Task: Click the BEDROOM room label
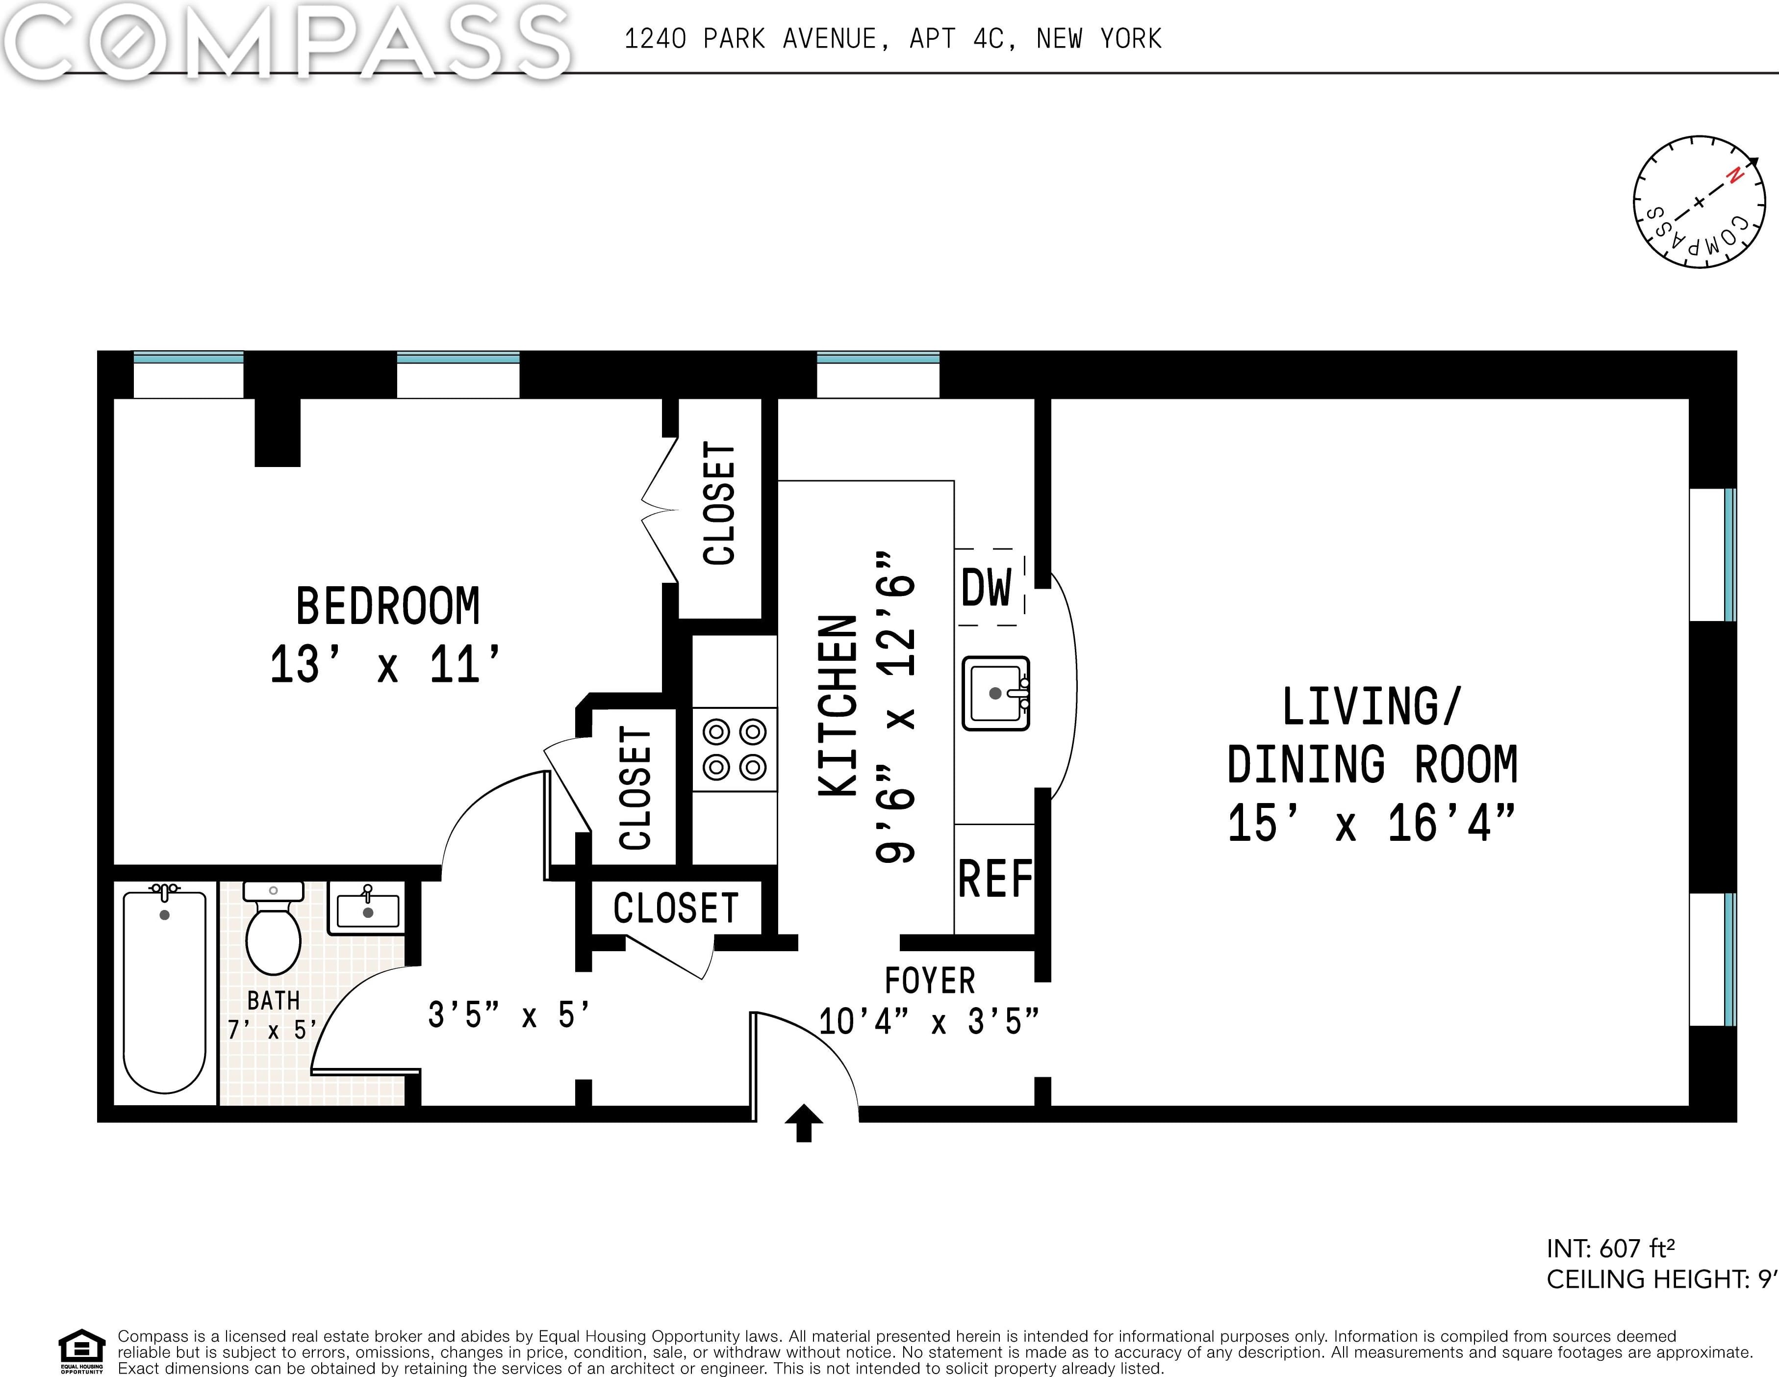[388, 606]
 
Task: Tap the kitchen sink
[995, 693]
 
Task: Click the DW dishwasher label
[987, 588]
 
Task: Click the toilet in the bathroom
[274, 927]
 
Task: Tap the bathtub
[165, 990]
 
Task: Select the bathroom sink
[367, 909]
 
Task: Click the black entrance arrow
[804, 1123]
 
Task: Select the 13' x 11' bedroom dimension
[384, 664]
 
